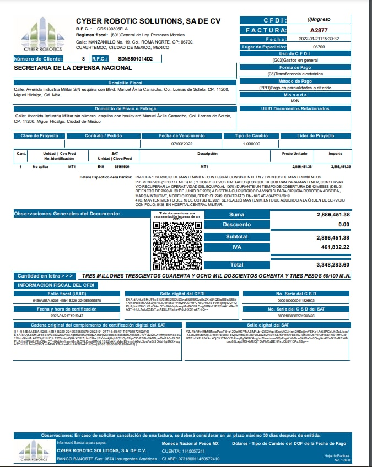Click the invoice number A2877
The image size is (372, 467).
pos(319,30)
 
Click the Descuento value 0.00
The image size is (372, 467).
pos(343,225)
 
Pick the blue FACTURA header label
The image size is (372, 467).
pos(265,30)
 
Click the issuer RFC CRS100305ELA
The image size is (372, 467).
pos(113,28)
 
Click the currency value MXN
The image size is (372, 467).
pos(295,101)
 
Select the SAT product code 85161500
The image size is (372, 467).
pos(121,166)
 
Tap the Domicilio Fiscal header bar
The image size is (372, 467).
pos(125,82)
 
